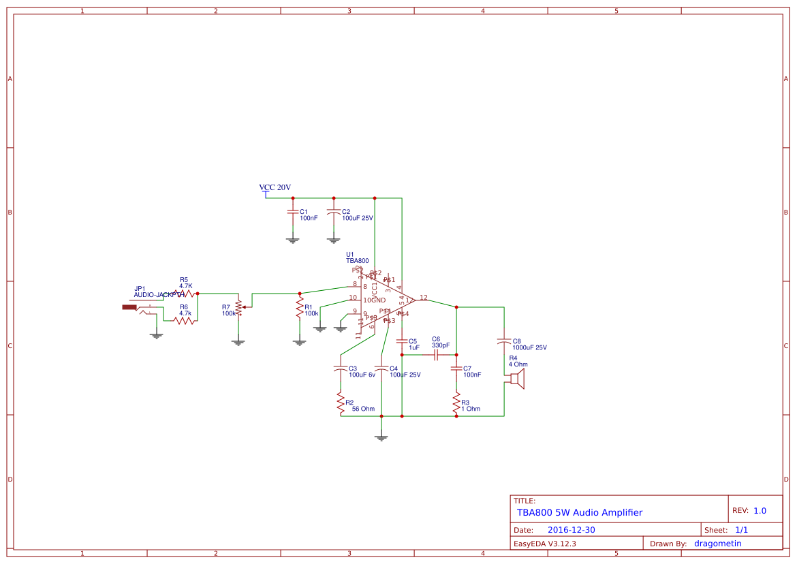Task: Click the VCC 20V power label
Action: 275,187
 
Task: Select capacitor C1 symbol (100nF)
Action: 293,212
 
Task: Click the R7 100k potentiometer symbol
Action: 238,307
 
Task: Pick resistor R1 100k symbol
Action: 299,308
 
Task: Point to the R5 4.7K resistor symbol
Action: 184,294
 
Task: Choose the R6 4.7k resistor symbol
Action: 184,320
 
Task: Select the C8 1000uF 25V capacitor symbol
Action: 504,340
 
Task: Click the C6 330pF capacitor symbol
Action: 436,355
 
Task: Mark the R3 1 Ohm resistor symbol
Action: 456,404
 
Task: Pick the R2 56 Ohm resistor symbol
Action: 340,404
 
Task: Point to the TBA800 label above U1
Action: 357,261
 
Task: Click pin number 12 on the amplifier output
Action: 424,298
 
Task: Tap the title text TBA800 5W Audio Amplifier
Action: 579,512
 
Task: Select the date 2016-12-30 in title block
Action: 571,530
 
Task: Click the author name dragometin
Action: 717,544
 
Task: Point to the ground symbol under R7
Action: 238,342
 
